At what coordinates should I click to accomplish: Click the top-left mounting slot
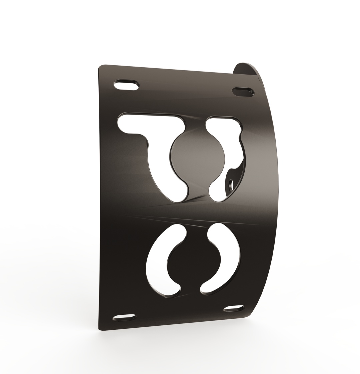pos(126,85)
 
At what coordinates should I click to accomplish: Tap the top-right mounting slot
pos(243,92)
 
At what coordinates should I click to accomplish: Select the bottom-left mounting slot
pos(125,317)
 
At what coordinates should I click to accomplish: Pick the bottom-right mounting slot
pos(234,308)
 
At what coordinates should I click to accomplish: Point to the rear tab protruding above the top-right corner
pos(247,68)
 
